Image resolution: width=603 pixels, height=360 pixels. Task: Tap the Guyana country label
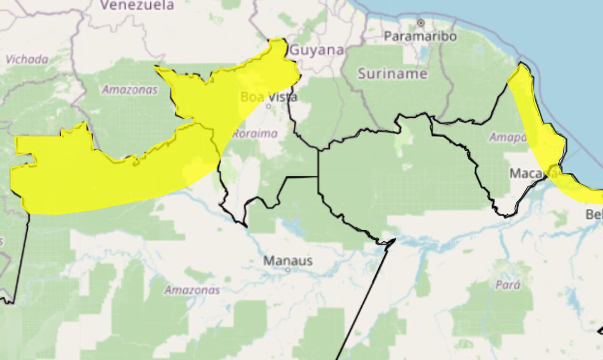point(317,50)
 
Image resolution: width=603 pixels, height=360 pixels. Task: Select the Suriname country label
point(392,74)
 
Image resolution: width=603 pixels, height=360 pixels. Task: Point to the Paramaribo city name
point(420,36)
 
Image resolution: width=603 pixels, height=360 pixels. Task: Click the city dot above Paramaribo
point(421,22)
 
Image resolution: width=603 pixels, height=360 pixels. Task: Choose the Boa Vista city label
point(269,97)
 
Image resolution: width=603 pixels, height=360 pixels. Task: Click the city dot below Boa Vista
point(269,106)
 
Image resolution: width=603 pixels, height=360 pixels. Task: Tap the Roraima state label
point(254,133)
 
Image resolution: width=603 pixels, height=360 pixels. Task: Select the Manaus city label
point(288,260)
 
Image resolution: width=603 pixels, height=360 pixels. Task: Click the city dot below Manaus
point(288,270)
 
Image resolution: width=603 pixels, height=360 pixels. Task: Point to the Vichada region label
point(27,59)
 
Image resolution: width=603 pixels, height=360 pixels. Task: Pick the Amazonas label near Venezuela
point(130,90)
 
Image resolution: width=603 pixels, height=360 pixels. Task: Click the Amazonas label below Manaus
point(192,290)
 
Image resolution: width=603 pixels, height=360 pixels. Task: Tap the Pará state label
point(508,285)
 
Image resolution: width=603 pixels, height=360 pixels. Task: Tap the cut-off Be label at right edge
point(594,214)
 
